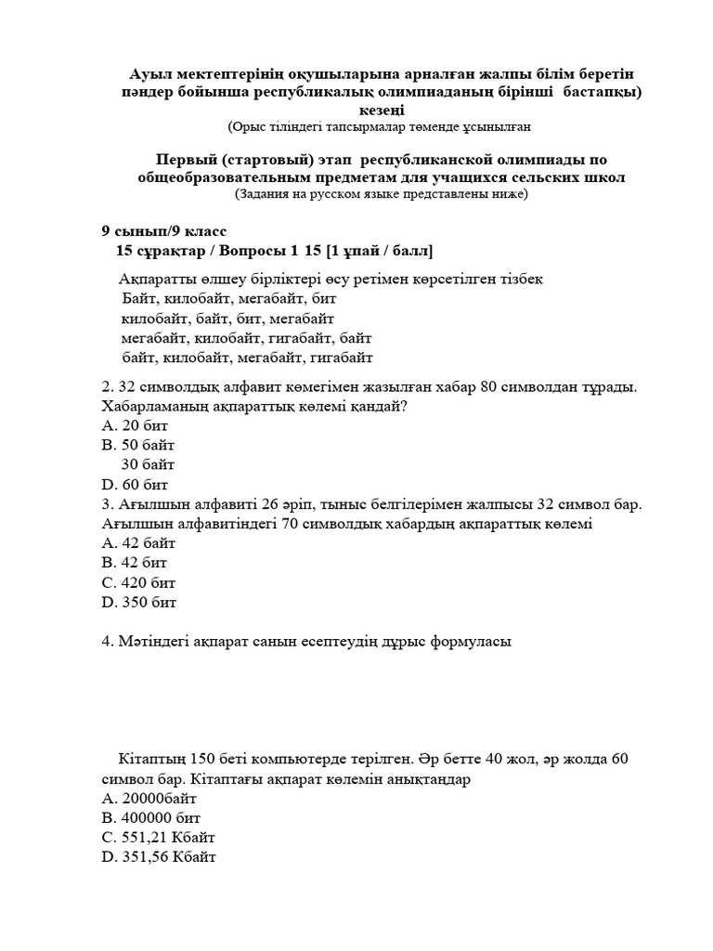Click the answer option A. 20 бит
tap(135, 425)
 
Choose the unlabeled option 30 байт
tap(148, 464)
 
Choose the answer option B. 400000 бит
tap(150, 817)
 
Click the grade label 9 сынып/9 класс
tap(163, 231)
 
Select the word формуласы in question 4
tap(465, 641)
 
